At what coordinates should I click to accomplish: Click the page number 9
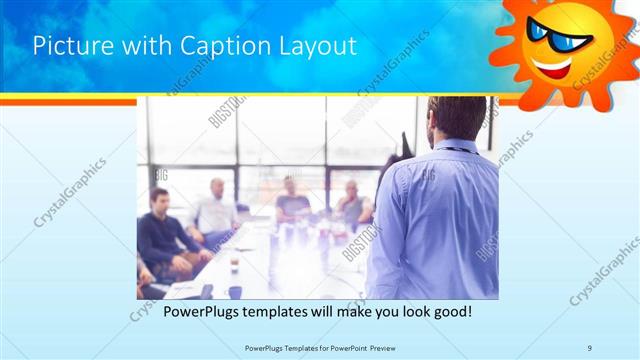pyautogui.click(x=590, y=347)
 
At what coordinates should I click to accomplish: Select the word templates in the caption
pyautogui.click(x=283, y=312)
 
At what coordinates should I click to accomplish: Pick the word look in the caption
pyautogui.click(x=410, y=312)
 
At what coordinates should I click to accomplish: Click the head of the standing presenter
pyautogui.click(x=449, y=118)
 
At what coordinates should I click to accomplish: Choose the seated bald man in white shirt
pyautogui.click(x=215, y=210)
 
